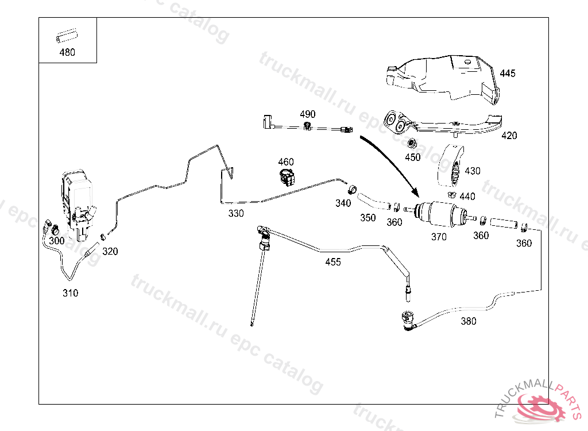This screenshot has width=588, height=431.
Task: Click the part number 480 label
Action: (67, 52)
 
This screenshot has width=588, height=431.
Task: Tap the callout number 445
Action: (508, 74)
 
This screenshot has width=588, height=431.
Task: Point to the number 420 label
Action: (509, 136)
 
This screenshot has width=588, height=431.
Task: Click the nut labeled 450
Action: (412, 143)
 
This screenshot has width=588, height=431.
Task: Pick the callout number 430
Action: (473, 171)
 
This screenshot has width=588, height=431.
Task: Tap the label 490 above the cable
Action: (307, 114)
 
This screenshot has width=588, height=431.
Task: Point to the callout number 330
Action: (236, 213)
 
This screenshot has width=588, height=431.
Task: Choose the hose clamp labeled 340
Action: (351, 190)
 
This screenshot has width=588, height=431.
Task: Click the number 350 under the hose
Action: (367, 218)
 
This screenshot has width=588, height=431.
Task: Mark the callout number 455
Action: (333, 262)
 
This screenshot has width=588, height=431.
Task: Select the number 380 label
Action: (469, 321)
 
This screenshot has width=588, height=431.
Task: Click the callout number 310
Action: (70, 293)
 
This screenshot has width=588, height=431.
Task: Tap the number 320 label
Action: (110, 251)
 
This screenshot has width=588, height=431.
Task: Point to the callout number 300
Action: (56, 241)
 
